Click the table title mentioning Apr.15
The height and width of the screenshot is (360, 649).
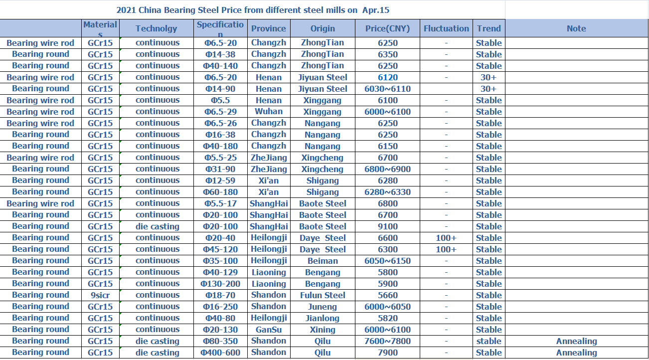pos(253,10)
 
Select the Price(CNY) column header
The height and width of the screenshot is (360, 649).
pos(387,28)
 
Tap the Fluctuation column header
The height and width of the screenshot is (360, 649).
pos(446,28)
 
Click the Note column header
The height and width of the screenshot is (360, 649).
pos(576,28)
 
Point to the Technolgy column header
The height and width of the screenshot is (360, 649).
pos(157,28)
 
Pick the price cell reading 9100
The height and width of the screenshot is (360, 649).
pos(387,226)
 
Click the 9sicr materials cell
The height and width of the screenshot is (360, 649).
pos(100,295)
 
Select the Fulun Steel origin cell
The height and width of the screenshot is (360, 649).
pos(323,295)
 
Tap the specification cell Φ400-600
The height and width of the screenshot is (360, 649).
pos(220,353)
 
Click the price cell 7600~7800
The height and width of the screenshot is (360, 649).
pos(387,341)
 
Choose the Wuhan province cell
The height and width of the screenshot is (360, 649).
pos(269,112)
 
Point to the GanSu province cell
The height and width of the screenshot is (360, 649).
pos(269,330)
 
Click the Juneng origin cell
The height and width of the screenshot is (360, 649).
pos(323,307)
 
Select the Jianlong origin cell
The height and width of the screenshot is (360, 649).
pos(323,318)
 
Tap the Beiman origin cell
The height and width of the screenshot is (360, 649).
pos(323,261)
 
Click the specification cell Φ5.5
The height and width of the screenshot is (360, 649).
pos(220,100)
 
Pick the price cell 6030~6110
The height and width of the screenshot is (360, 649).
pos(387,89)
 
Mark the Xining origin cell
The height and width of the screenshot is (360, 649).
pos(323,330)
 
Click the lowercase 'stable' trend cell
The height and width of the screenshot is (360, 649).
pos(488,341)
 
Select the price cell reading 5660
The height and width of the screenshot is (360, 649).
pos(387,295)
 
